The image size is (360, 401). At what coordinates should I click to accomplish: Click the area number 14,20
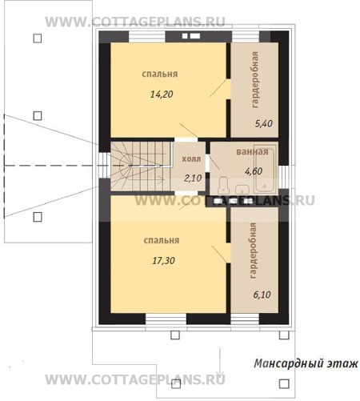click(x=162, y=94)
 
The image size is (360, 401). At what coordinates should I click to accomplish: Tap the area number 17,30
click(x=163, y=260)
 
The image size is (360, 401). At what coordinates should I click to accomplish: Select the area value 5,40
click(x=263, y=124)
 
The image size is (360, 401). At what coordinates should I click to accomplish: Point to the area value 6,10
click(x=262, y=295)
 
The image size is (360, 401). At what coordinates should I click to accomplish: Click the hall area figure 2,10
click(x=193, y=178)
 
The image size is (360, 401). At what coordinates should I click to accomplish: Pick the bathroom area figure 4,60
click(x=254, y=171)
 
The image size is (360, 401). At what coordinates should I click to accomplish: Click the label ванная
click(x=252, y=152)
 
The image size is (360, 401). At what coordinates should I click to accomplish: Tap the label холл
click(x=191, y=159)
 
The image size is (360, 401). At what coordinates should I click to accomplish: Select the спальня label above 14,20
click(x=160, y=74)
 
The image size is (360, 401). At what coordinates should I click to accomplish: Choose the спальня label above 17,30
click(x=162, y=240)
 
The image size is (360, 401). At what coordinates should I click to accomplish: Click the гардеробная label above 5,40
click(x=255, y=80)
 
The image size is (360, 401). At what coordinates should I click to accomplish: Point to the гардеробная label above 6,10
click(x=252, y=251)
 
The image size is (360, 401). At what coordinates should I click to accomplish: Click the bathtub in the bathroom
click(x=265, y=169)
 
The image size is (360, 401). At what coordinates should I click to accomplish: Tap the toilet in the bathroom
click(x=223, y=185)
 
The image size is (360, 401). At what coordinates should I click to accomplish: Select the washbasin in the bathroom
click(x=242, y=189)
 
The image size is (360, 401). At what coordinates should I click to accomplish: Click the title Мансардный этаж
click(x=306, y=363)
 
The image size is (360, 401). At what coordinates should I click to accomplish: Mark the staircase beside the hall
click(x=141, y=166)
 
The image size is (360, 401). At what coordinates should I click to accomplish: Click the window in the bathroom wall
click(x=284, y=177)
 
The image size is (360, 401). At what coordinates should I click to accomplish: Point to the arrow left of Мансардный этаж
click(x=220, y=362)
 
